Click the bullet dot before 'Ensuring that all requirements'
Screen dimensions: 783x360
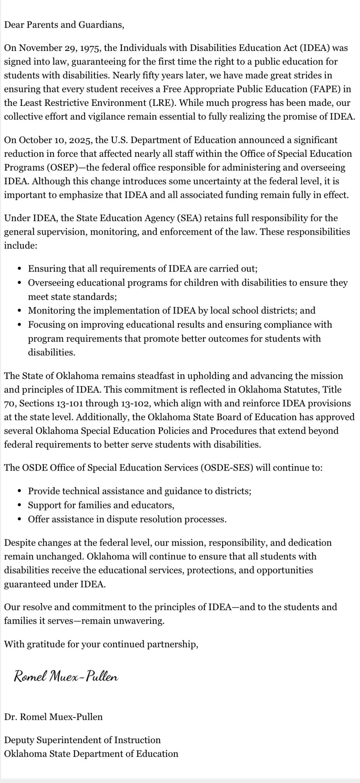(x=19, y=269)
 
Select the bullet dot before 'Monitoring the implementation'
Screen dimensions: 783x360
(x=19, y=311)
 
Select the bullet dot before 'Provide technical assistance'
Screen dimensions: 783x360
(x=19, y=491)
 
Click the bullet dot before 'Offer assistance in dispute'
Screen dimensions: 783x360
(x=19, y=520)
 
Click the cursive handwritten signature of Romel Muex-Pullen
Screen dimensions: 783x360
(x=66, y=676)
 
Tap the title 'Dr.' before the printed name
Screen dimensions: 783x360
(x=10, y=717)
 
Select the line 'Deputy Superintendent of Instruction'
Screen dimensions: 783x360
(x=82, y=740)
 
